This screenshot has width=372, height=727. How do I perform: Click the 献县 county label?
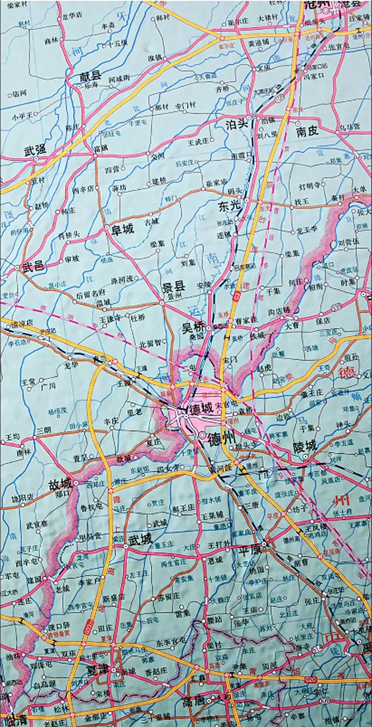pyautogui.click(x=90, y=75)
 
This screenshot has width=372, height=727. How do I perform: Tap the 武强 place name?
pyautogui.click(x=35, y=151)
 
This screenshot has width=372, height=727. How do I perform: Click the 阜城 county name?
pyautogui.click(x=122, y=229)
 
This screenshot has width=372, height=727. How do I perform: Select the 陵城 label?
pyautogui.click(x=304, y=445)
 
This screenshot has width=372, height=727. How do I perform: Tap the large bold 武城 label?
pyautogui.click(x=140, y=538)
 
